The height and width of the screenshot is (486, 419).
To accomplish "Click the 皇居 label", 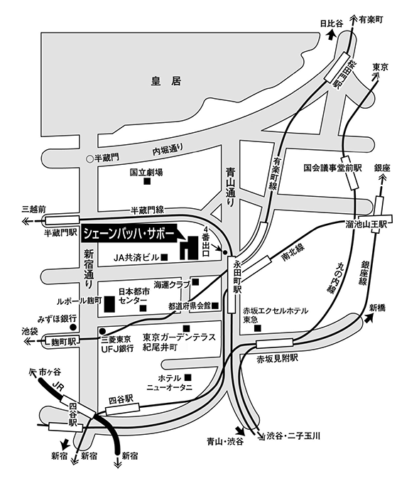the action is pyautogui.click(x=166, y=81).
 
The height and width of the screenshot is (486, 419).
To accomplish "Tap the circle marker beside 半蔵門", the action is pyautogui.click(x=89, y=159).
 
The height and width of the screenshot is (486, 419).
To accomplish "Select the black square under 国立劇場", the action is pyautogui.click(x=147, y=181).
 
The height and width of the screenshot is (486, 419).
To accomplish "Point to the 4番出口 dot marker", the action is pyautogui.click(x=225, y=252).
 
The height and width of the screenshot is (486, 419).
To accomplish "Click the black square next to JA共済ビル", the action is pyautogui.click(x=165, y=257).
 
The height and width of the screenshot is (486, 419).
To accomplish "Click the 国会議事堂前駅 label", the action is pyautogui.click(x=332, y=168).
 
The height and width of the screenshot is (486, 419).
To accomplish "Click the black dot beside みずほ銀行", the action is pyautogui.click(x=73, y=327).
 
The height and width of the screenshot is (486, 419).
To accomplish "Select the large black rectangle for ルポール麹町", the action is pyautogui.click(x=109, y=304).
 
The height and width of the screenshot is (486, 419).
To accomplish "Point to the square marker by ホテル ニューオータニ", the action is pyautogui.click(x=187, y=377).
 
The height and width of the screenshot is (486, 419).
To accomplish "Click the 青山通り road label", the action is pyautogui.click(x=231, y=188).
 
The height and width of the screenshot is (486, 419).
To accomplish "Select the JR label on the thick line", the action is pyautogui.click(x=58, y=387).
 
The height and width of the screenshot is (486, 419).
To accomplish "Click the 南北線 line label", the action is pyautogui.click(x=293, y=253).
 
